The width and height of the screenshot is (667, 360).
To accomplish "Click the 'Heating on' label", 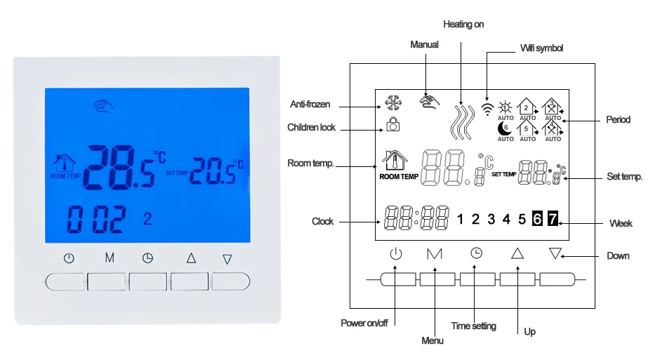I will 463,25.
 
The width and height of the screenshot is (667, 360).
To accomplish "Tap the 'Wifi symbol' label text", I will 541,48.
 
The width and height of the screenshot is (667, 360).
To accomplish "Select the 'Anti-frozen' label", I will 310,105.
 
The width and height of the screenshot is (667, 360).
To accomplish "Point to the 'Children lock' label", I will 311,128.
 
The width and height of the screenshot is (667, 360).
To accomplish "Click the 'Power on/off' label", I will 364,324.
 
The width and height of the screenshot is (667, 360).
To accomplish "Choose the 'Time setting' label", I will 473,326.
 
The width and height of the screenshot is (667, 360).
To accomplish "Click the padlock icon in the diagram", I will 393,125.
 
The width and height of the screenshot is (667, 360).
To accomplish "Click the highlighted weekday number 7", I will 552,218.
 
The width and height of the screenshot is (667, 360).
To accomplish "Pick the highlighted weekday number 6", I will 536,218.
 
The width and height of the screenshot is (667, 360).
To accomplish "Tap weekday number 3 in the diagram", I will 491,218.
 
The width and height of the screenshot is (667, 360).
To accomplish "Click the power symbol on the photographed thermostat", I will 69,258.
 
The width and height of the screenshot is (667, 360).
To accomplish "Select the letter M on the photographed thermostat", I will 110,258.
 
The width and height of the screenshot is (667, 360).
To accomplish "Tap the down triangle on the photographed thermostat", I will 227,259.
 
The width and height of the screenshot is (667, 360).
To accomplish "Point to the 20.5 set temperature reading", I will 212,171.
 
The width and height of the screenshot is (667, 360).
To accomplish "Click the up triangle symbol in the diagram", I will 517,253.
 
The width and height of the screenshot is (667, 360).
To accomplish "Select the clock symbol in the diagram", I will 477,253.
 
